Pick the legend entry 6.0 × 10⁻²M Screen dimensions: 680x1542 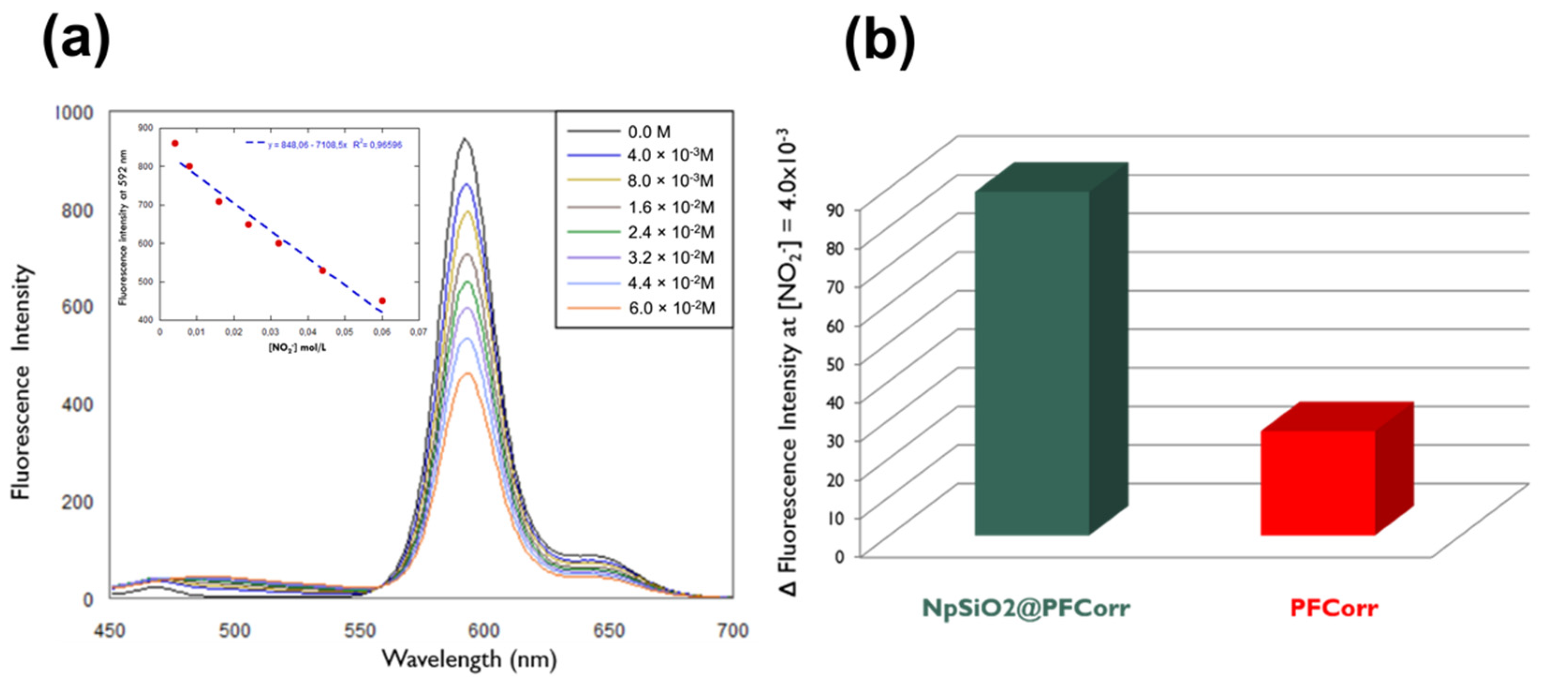671,308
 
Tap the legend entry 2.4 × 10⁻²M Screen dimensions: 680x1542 670,232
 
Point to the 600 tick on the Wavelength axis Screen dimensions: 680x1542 483,630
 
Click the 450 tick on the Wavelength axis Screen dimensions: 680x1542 110,630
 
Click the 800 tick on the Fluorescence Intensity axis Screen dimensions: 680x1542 77,210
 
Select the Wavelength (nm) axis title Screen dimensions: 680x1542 470,659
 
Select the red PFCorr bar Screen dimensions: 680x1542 1317,482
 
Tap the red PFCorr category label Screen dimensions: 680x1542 1334,609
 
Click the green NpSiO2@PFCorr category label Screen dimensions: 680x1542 1025,609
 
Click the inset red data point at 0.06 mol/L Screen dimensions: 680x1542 382,301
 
